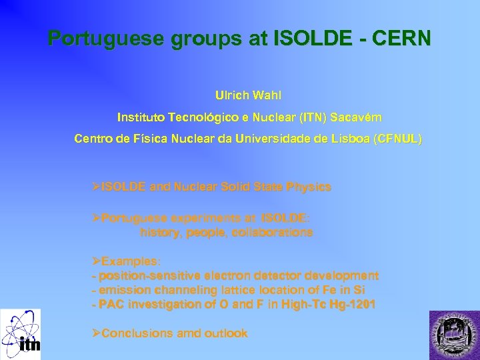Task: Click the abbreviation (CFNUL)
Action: (x=398, y=139)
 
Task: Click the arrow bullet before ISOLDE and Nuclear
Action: (x=96, y=187)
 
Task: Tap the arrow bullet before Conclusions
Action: (x=96, y=333)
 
